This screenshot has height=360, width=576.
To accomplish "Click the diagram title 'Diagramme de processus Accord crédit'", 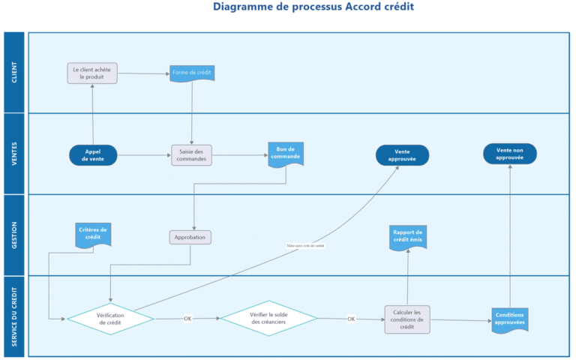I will [x=313, y=7].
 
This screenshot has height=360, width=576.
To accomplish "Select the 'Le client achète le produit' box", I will [x=92, y=73].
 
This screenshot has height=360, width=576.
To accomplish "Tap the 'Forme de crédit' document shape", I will [x=192, y=73].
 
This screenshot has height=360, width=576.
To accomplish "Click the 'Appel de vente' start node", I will [x=94, y=154].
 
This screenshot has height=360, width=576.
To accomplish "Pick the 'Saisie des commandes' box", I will [x=191, y=154].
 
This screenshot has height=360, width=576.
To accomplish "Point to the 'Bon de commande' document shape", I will [x=286, y=154].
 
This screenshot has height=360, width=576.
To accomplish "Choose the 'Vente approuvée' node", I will [x=402, y=154].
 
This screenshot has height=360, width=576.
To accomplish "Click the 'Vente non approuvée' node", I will [x=510, y=154].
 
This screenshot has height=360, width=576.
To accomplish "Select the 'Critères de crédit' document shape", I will [x=93, y=234].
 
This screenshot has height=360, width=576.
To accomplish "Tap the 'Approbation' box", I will [x=190, y=237].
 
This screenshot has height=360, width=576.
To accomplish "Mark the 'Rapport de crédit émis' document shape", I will [x=407, y=236].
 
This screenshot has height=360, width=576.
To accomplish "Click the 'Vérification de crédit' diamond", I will [x=110, y=319].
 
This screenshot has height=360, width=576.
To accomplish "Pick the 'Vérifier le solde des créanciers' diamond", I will [x=268, y=319].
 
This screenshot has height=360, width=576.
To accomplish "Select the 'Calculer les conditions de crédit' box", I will [x=407, y=319].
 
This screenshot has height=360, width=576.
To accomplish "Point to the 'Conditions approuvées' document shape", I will [x=510, y=319].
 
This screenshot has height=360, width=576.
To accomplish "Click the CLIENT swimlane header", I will [x=15, y=73].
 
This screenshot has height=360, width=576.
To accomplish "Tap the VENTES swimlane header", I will [x=15, y=154].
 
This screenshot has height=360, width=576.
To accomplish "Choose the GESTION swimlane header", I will [x=15, y=235].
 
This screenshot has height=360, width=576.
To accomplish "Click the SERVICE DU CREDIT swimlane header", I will [x=15, y=316].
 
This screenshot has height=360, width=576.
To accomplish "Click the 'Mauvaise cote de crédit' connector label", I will [x=305, y=245].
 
